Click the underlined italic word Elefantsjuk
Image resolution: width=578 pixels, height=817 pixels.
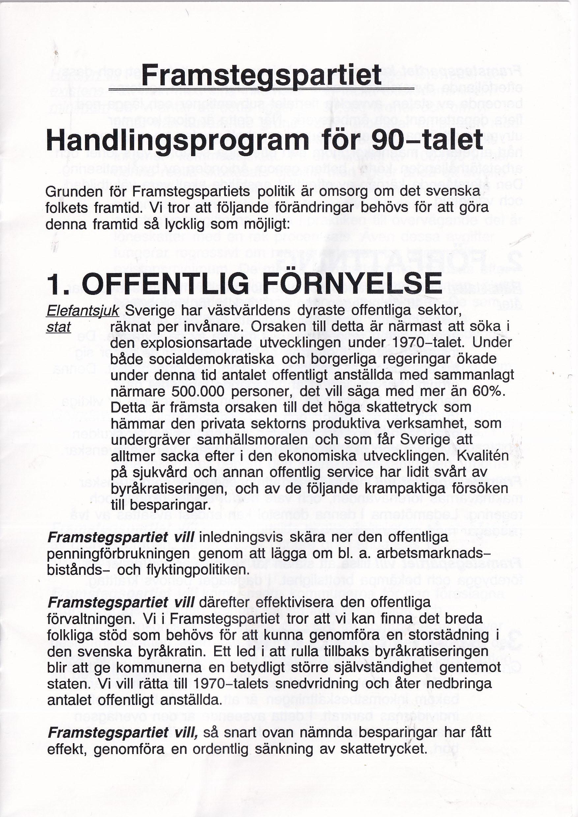[83, 311]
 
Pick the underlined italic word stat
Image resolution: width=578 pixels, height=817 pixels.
[59, 327]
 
